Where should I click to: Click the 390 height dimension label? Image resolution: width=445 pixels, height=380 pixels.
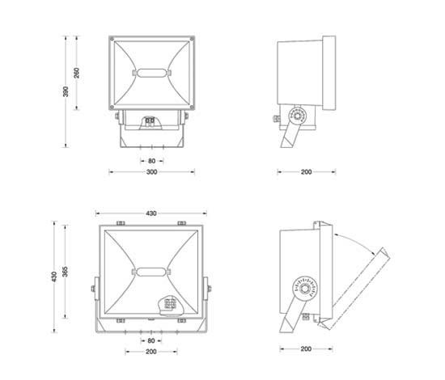pos(66,91)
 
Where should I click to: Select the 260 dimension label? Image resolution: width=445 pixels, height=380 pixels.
pos(77,73)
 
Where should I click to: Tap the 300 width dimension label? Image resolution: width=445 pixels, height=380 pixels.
pos(151,172)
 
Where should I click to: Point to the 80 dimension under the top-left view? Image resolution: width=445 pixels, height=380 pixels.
pos(152,161)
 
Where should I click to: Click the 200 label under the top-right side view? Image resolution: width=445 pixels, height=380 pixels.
pos(306,172)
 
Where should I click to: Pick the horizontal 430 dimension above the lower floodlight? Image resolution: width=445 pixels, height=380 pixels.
pos(151,213)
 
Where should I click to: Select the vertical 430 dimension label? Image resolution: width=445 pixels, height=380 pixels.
pos(54,277)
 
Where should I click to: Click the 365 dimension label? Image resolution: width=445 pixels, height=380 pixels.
pos(66,272)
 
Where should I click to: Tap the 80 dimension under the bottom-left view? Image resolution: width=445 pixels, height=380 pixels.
pos(151,340)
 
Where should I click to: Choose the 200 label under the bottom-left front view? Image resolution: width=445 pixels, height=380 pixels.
pos(151,352)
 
